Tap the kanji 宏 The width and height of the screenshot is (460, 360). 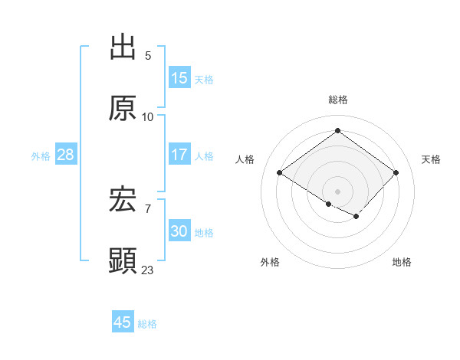coord(123,200)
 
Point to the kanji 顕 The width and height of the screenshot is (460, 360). coord(123,261)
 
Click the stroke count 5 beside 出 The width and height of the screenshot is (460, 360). coord(148,55)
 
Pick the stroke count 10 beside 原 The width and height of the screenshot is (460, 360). coord(148,116)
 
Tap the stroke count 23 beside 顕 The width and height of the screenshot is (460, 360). coord(148,270)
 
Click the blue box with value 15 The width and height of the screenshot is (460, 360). coord(179,78)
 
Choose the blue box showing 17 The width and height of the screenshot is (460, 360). coord(179,155)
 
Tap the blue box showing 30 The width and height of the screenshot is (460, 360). coord(179,231)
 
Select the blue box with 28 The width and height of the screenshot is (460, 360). coord(66,155)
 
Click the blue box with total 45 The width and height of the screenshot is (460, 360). coord(123,322)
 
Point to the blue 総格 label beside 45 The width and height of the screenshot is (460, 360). coord(147,324)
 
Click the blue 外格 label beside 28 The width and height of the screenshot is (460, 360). coord(41,156)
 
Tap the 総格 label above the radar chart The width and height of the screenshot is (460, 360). coord(338,100)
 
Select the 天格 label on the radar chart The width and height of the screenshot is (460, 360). coord(432,159)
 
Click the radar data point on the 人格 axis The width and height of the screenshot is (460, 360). coord(280,173)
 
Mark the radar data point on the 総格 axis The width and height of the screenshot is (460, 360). coord(337,131)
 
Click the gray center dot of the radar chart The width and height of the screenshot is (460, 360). coord(337,191)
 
